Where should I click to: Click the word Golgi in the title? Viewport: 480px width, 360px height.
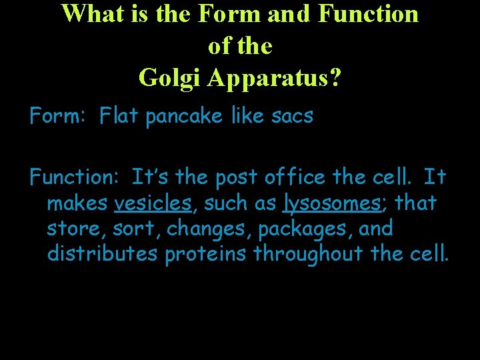pos(170,78)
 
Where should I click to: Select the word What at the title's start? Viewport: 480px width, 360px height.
pos(91,13)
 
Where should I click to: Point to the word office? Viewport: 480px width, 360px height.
pos(293,177)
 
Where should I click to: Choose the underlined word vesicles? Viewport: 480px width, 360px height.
pos(153,203)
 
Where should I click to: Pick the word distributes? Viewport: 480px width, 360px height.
pos(103,253)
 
